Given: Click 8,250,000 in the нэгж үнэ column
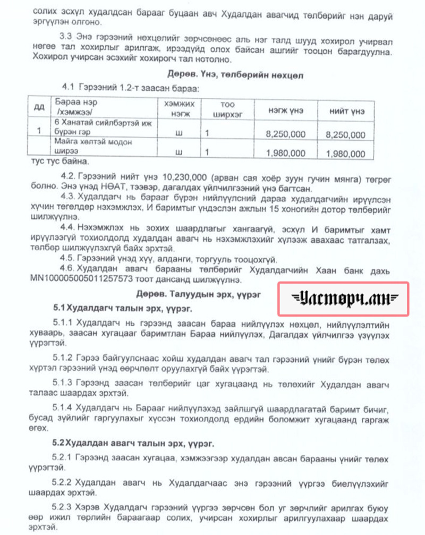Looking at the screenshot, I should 285,135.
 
